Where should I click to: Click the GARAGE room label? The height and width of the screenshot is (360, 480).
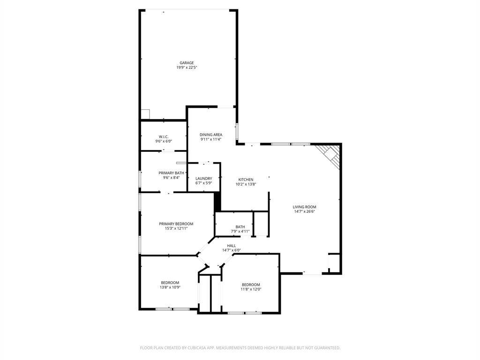[x=187, y=63]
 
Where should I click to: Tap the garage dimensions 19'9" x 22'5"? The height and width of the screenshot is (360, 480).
[x=187, y=67]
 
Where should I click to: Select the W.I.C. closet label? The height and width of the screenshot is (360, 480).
[x=164, y=136]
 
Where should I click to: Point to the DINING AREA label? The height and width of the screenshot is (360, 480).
[x=211, y=135]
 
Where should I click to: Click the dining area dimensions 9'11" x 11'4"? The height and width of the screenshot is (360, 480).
[x=211, y=139]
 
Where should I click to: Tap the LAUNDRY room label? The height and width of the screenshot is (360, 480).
[x=204, y=178]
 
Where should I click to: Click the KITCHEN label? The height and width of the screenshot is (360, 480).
[x=246, y=180]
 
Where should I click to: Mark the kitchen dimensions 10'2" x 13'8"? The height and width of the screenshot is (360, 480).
[x=246, y=184]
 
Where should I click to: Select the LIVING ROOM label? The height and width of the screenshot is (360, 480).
[x=305, y=207]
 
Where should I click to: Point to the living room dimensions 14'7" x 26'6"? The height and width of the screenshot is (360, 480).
[x=305, y=211]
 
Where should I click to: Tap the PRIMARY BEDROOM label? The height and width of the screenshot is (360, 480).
[x=176, y=224]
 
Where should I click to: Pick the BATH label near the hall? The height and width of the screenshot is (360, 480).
[x=240, y=227]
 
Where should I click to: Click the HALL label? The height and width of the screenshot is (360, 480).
[x=232, y=246]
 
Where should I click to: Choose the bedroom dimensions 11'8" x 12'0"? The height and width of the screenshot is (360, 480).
[x=251, y=289]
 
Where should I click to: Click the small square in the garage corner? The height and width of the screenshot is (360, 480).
[x=145, y=114]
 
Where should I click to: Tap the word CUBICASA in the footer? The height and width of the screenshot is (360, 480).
[x=195, y=348]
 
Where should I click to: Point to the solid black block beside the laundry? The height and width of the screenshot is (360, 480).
[x=217, y=202]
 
